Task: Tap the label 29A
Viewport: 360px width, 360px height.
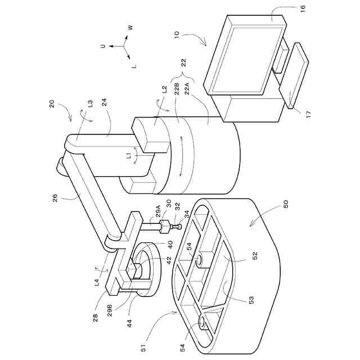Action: pos(159,211)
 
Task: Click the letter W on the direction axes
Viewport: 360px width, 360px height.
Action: pos(130,28)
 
